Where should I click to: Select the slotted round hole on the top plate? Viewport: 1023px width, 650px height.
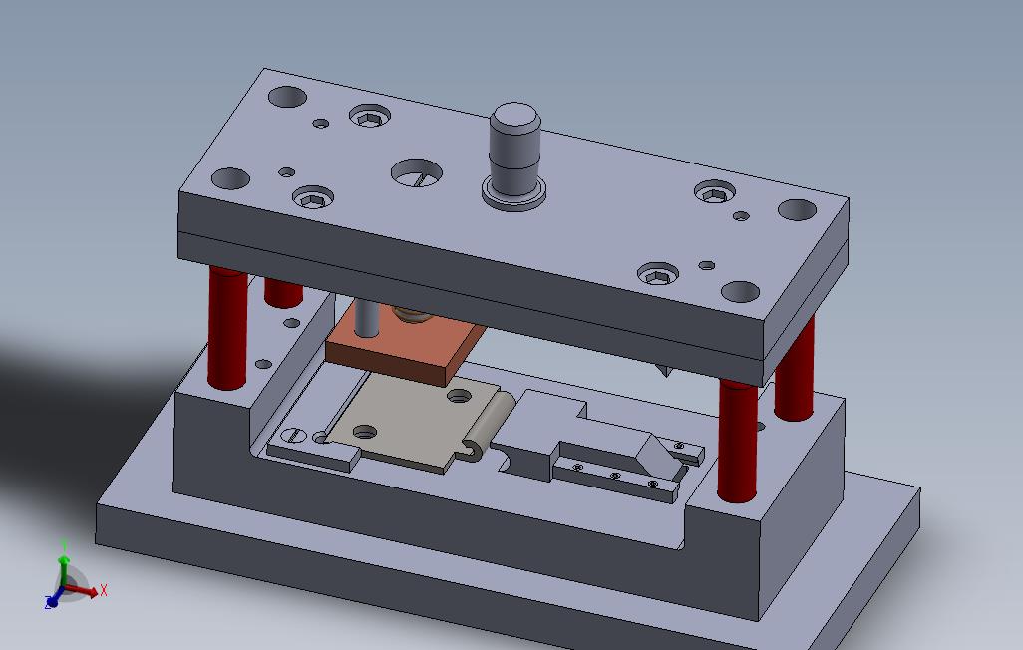(x=416, y=173)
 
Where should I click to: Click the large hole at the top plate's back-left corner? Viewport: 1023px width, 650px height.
(x=287, y=98)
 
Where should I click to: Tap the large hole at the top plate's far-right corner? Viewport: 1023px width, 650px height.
(x=797, y=210)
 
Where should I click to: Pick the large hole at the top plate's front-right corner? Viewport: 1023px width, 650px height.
(x=740, y=292)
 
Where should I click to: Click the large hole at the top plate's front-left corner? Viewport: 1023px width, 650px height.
(x=230, y=179)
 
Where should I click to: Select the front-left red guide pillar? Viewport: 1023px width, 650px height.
(x=227, y=329)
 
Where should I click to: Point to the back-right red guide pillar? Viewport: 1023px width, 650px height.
(x=795, y=369)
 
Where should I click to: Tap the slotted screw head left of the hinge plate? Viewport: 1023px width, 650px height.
(x=292, y=435)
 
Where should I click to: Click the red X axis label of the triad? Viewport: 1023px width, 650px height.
(x=104, y=591)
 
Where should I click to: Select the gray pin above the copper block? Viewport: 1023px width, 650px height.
(x=367, y=318)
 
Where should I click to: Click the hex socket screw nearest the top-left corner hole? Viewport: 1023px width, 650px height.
(x=368, y=118)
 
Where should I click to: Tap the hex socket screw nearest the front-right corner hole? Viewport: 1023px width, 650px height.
(x=658, y=274)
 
